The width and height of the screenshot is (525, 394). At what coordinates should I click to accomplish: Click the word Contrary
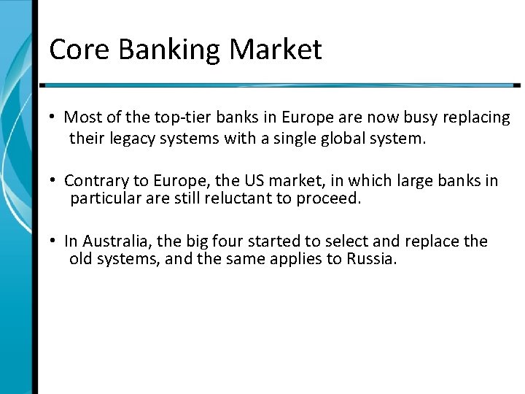point(93,180)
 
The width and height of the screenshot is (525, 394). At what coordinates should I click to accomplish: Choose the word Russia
point(372,260)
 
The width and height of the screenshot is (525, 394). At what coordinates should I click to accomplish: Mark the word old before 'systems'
point(82,260)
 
